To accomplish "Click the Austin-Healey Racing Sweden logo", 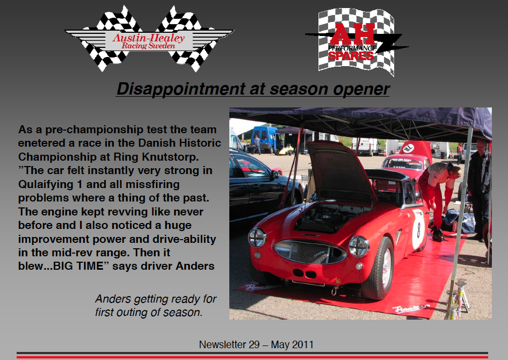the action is coord(149,39).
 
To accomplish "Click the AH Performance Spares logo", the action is coord(357,42).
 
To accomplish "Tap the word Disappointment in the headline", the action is coord(181,89).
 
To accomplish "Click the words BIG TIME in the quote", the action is coord(78,266).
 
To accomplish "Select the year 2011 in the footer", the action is coord(302,344).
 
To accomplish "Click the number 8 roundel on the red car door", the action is coord(418,230).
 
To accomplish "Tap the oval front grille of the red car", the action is coord(310,251).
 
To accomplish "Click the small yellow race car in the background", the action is coord(285,150).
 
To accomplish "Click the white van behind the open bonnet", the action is coord(366,147).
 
